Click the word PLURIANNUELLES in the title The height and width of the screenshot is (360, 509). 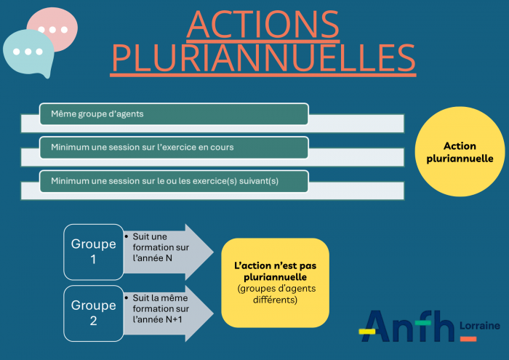[x=263, y=57]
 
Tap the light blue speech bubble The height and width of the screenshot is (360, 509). [x=28, y=53]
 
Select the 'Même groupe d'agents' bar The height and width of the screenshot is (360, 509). [x=174, y=113]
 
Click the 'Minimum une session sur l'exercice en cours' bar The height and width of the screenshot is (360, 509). [x=174, y=147]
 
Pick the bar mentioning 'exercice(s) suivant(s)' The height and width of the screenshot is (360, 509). [x=174, y=180]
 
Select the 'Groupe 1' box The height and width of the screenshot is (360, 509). [x=93, y=252]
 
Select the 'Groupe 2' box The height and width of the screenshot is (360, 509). [x=93, y=313]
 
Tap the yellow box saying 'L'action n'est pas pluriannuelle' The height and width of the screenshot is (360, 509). [x=275, y=282]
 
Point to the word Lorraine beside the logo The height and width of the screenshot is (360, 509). [x=480, y=326]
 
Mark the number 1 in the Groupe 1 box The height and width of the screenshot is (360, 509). [x=93, y=260]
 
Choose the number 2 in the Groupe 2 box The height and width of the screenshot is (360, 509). [x=93, y=321]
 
